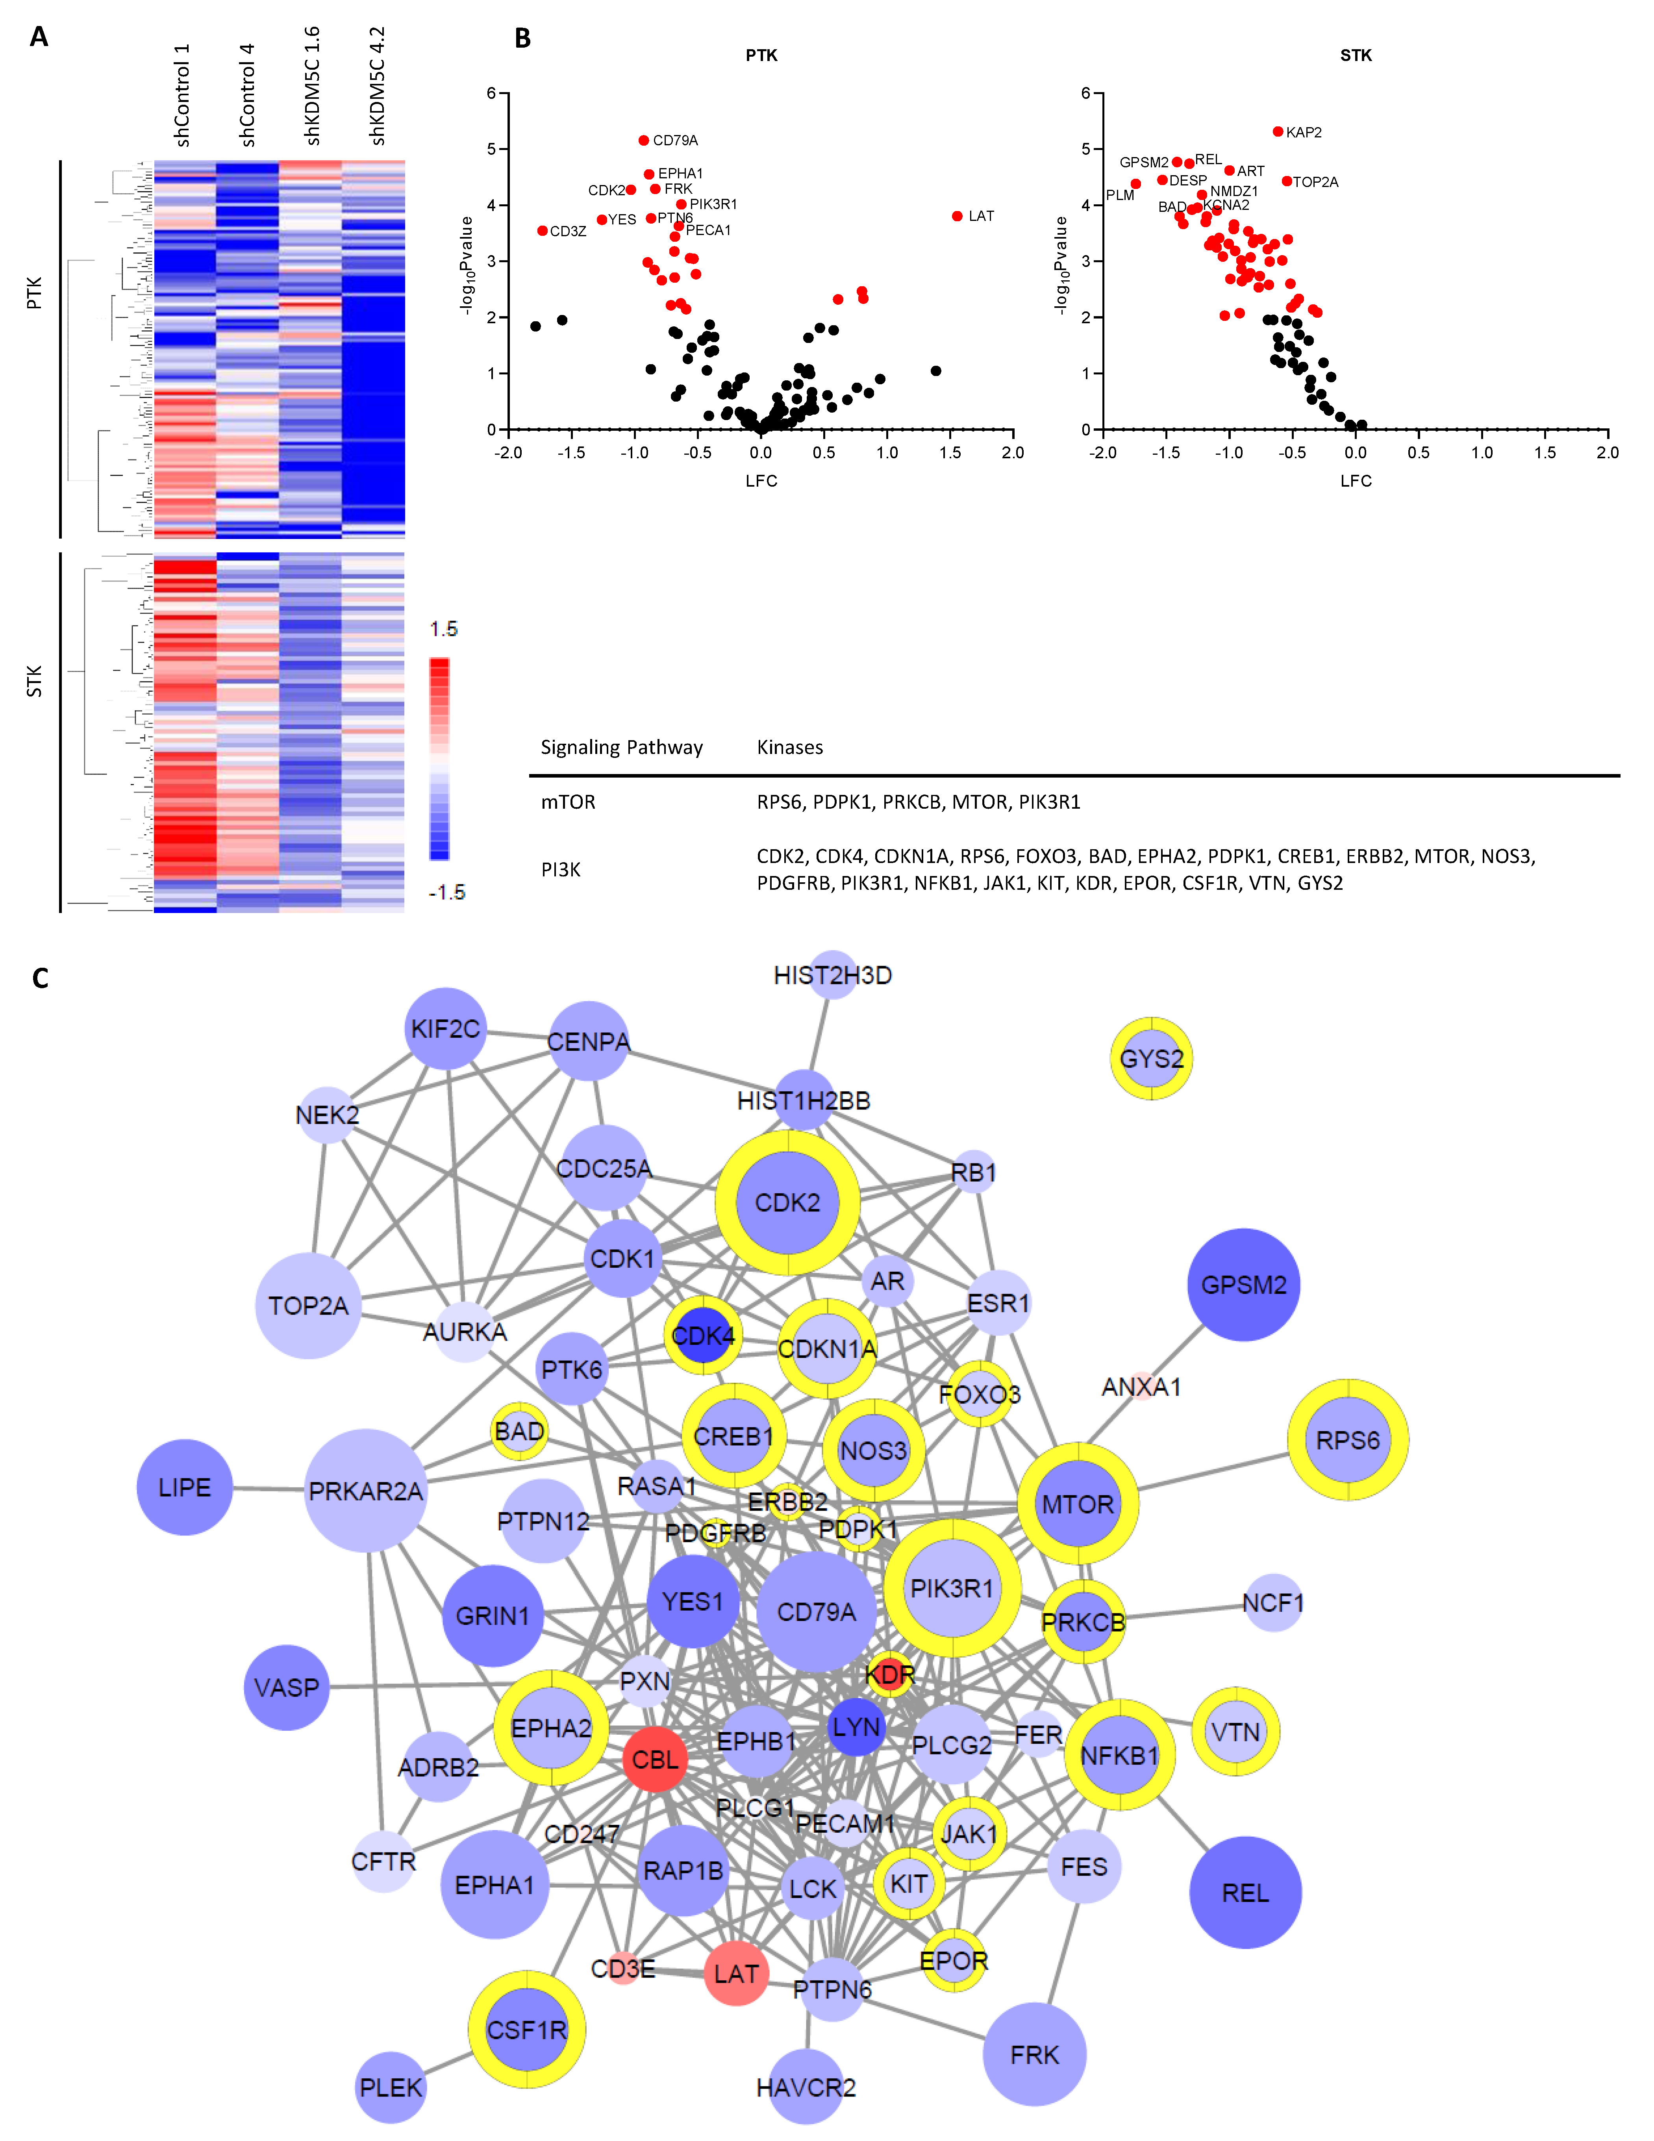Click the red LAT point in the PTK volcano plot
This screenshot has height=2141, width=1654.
click(957, 216)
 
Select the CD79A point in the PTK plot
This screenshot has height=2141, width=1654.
click(643, 140)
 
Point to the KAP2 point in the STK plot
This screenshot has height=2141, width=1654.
click(1278, 131)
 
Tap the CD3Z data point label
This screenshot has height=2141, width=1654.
click(568, 232)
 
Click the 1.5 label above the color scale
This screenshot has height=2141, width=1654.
click(443, 628)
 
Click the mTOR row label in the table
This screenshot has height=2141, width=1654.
click(568, 802)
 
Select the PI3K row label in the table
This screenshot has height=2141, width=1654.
click(561, 870)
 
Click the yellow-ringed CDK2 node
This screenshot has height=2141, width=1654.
click(787, 1203)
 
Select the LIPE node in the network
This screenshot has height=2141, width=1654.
click(184, 1487)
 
